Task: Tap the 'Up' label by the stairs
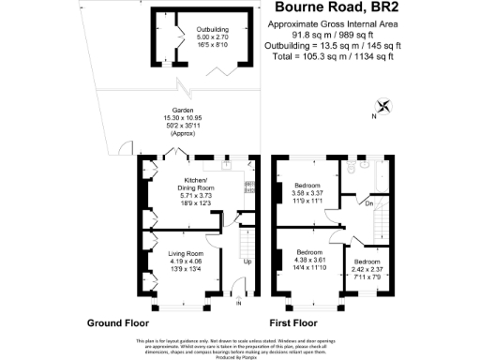[247, 262]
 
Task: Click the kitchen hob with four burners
[250, 187]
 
